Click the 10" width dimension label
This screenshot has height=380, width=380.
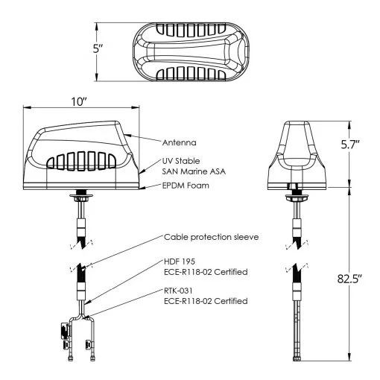pos(80,102)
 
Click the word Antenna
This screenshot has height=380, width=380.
pos(179,142)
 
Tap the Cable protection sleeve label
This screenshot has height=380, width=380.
pos(212,238)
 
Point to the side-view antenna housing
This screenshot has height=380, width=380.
pos(80,156)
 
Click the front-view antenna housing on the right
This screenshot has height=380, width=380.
pos(298,153)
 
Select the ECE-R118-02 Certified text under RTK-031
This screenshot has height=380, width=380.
pos(205,303)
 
